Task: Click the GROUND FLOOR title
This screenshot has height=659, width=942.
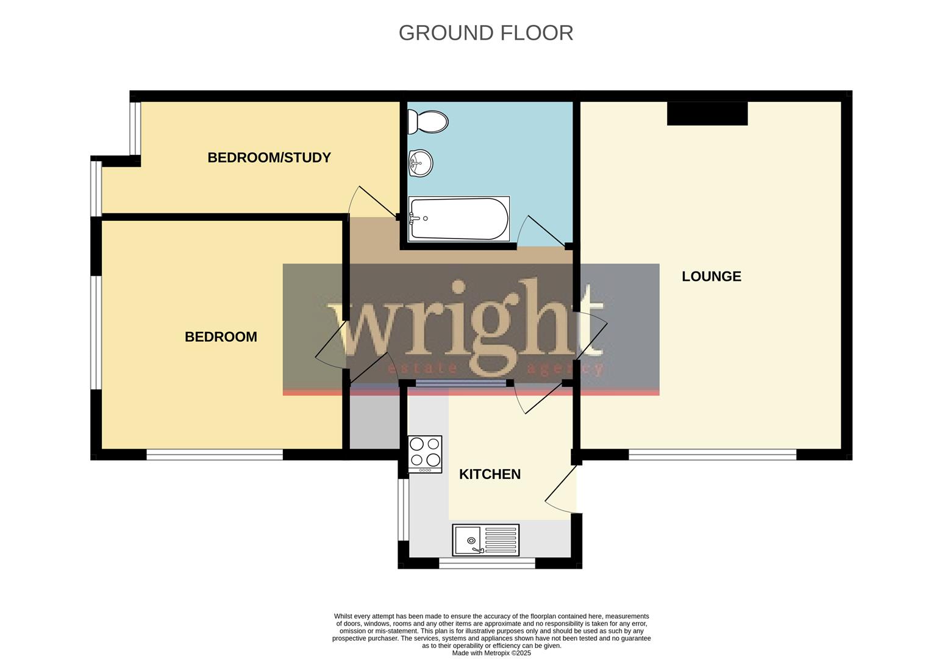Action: tap(485, 33)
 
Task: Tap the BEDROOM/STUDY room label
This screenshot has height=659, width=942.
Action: tap(269, 157)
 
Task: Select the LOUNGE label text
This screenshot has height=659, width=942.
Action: tap(711, 276)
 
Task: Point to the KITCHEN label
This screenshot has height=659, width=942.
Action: tap(490, 474)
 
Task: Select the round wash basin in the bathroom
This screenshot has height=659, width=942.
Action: tap(419, 163)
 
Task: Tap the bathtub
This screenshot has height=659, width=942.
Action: tap(459, 218)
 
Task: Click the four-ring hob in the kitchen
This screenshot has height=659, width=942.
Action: tap(425, 454)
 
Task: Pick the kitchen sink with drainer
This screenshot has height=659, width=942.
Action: tap(485, 540)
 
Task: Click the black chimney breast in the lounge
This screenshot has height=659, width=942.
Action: tap(707, 113)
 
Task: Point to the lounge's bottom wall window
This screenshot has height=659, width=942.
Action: tap(712, 455)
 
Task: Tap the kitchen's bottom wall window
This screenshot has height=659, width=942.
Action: tap(487, 563)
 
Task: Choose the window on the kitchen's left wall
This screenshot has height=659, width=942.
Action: tap(403, 510)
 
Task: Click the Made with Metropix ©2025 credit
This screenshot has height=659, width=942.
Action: tap(491, 653)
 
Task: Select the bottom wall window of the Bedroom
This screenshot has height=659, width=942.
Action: tap(215, 455)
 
